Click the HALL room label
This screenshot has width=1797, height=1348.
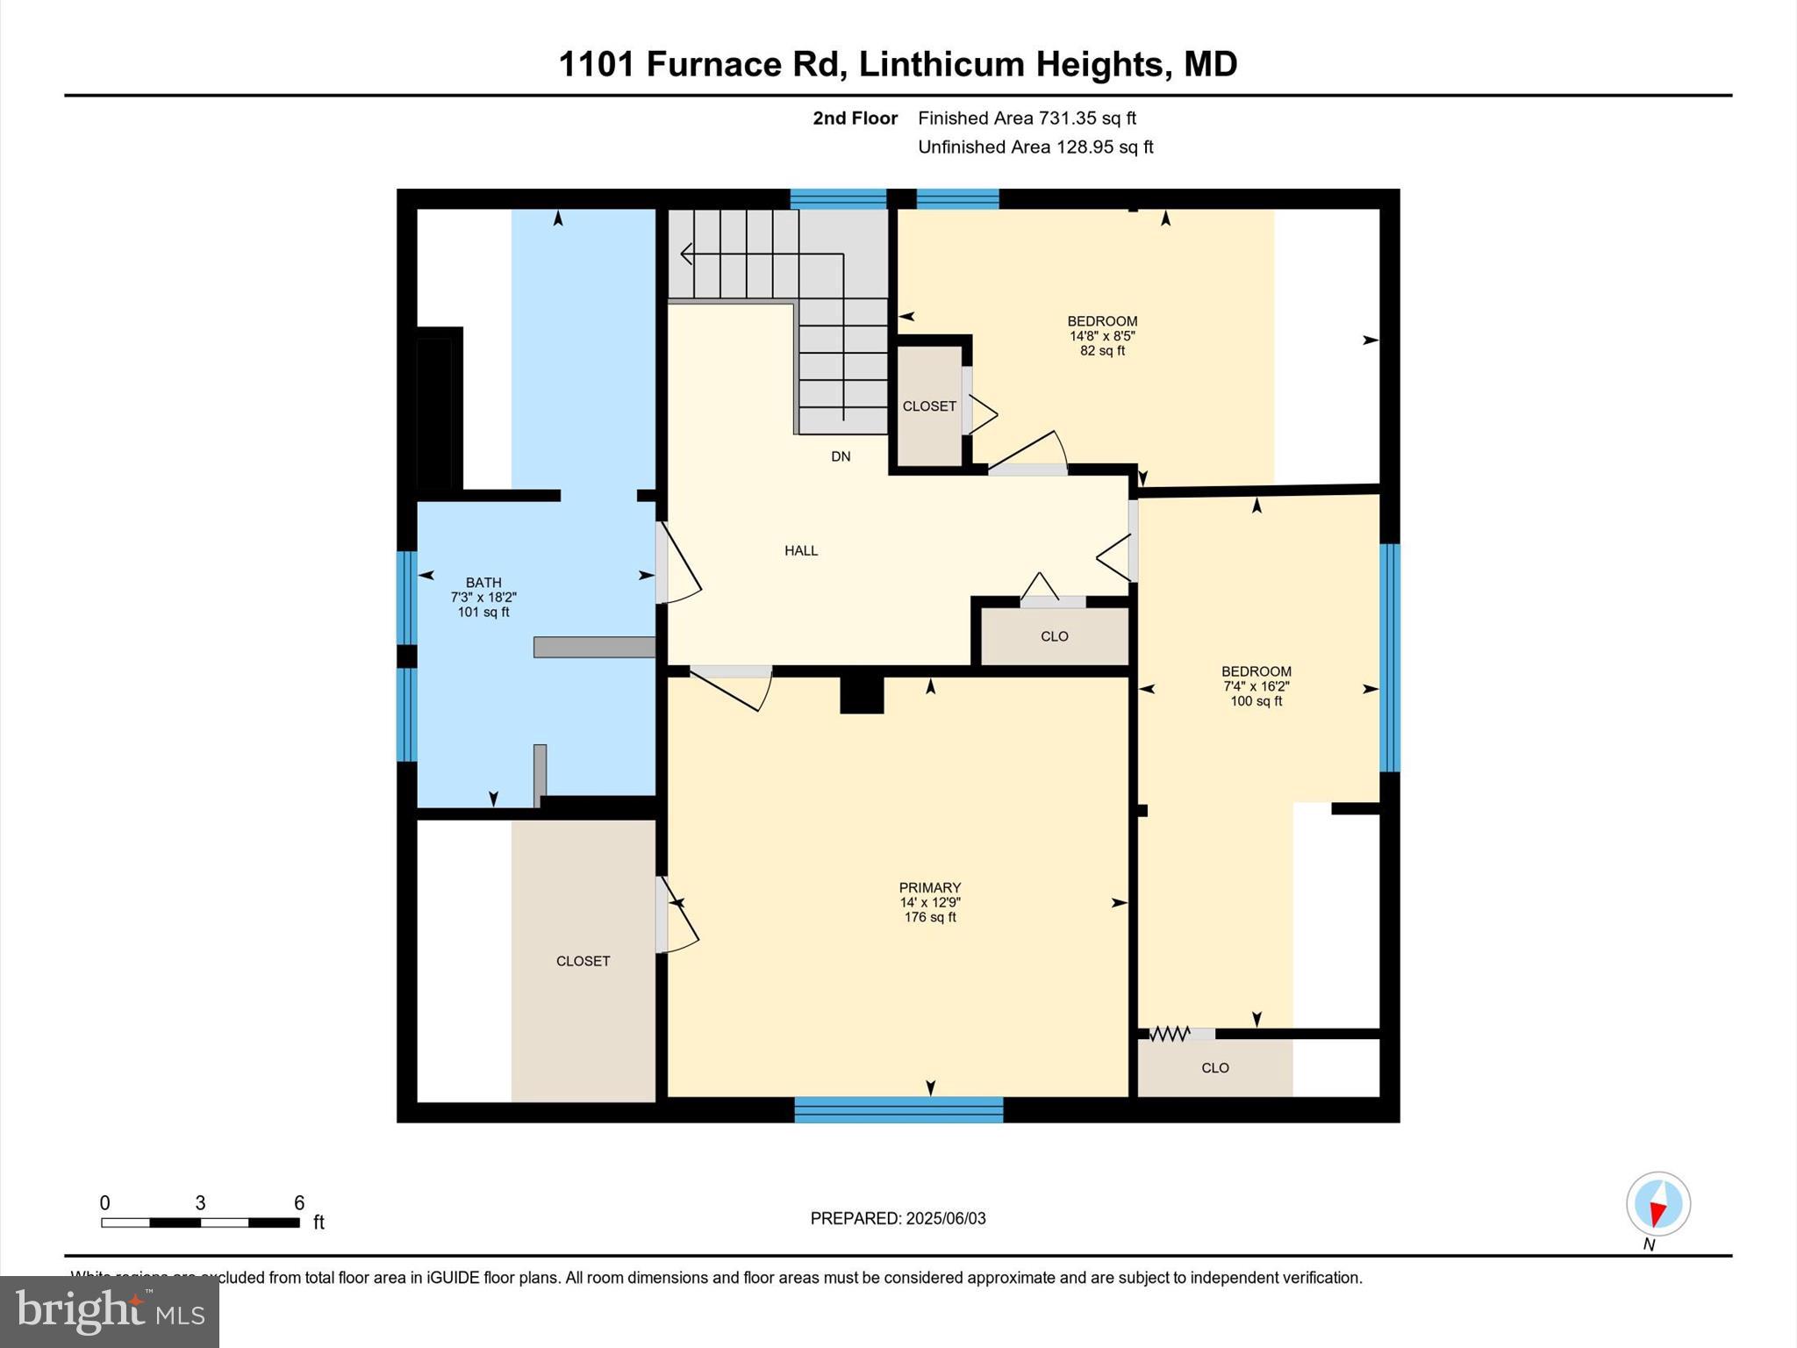click(x=800, y=550)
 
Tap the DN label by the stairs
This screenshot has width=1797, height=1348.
click(x=841, y=456)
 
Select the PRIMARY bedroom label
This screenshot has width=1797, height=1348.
click(x=929, y=887)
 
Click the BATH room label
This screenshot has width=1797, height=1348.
click(x=483, y=582)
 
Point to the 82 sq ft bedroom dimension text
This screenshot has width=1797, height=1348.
click(x=1102, y=350)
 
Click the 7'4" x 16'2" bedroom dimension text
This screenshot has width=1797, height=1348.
click(x=1256, y=686)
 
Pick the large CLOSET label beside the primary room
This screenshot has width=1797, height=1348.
click(x=583, y=961)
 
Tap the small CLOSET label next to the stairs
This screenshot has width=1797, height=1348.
click(x=929, y=406)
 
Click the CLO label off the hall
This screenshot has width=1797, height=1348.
click(x=1054, y=636)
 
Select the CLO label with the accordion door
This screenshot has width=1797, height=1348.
click(x=1214, y=1068)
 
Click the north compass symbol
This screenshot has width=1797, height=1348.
click(x=1657, y=1204)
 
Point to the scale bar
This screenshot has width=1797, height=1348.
click(x=200, y=1222)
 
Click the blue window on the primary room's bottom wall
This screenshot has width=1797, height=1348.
click(x=898, y=1109)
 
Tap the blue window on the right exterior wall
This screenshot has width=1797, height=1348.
click(x=1389, y=657)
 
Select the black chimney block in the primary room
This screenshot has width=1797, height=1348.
click(x=862, y=694)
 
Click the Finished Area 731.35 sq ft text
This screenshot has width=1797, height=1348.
click(x=1027, y=118)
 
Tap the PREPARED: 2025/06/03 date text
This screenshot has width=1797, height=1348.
click(x=898, y=1218)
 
